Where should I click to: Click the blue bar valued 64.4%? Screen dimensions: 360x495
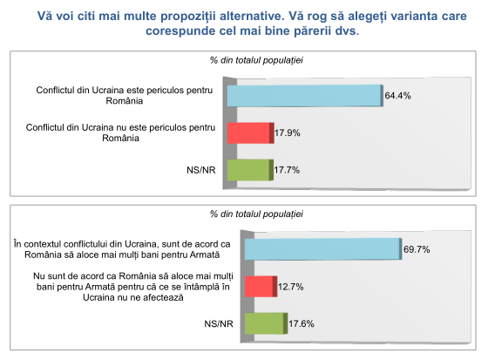click(304, 95)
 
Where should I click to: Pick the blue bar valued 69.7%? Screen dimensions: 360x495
click(322, 248)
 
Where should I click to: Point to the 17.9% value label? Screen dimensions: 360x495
click(288, 133)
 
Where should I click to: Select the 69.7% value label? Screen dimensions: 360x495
click(417, 249)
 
